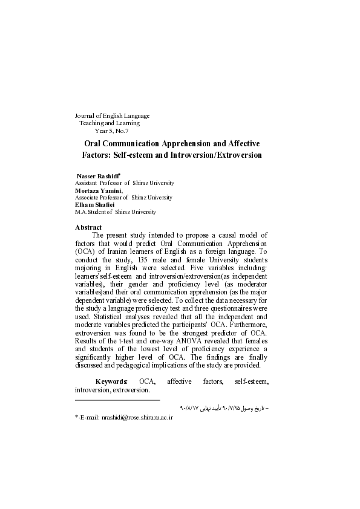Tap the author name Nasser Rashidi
coord(94,175)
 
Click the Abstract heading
coord(88,227)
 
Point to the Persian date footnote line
coord(224,409)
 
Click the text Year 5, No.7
coord(111,130)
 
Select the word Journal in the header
coord(85,115)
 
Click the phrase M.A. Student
coord(93,212)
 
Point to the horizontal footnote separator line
coord(117,400)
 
